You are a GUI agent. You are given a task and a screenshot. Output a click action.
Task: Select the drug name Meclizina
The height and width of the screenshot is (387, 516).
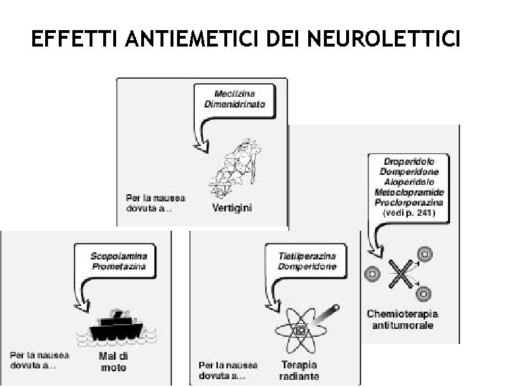click(x=236, y=94)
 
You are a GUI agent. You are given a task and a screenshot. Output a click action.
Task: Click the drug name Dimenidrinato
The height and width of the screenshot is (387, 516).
click(x=236, y=104)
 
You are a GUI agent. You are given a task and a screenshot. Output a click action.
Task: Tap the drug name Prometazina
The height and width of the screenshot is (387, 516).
click(x=119, y=266)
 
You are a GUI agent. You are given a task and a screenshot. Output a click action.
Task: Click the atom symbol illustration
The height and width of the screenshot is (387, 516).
click(x=300, y=329)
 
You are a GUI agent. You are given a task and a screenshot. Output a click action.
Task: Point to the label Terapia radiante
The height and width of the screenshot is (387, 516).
click(x=300, y=370)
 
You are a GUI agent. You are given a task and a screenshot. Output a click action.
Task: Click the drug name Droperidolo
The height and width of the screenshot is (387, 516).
click(x=408, y=163)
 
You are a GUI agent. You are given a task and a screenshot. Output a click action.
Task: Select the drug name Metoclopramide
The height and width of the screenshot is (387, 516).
click(x=408, y=193)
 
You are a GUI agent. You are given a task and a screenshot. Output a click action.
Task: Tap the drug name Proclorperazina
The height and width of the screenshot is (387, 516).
click(x=408, y=203)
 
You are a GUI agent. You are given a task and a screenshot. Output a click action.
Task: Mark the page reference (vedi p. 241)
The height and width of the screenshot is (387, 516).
click(x=409, y=213)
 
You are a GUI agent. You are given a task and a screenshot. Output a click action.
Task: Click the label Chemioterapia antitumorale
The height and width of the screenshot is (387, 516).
click(x=402, y=319)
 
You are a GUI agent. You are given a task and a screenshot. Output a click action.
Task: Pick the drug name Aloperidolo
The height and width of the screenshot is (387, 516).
click(x=408, y=183)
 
